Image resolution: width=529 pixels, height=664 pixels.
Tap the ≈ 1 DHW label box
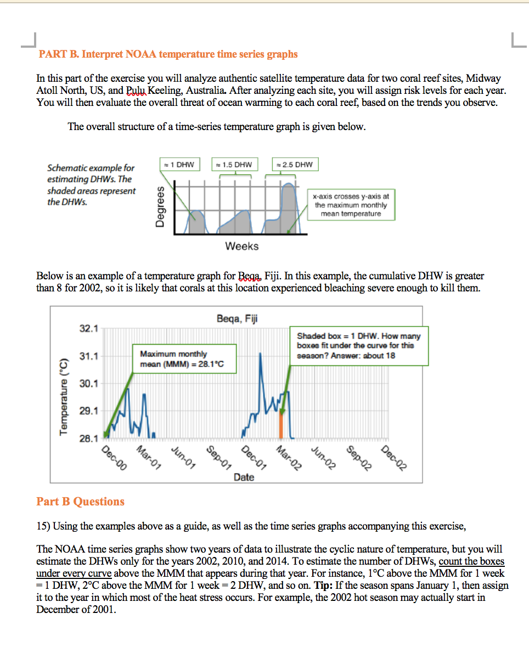(179, 164)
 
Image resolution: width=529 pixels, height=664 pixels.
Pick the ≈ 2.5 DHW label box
(295, 164)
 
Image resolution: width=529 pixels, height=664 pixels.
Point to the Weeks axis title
(241, 246)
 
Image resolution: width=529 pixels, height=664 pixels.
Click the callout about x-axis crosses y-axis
(351, 205)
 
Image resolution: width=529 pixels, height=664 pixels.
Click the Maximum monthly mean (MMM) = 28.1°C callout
(184, 359)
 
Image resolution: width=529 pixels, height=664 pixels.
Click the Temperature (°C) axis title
(64, 397)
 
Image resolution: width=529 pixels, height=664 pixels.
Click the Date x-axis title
(244, 477)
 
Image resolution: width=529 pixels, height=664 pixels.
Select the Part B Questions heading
(81, 502)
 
